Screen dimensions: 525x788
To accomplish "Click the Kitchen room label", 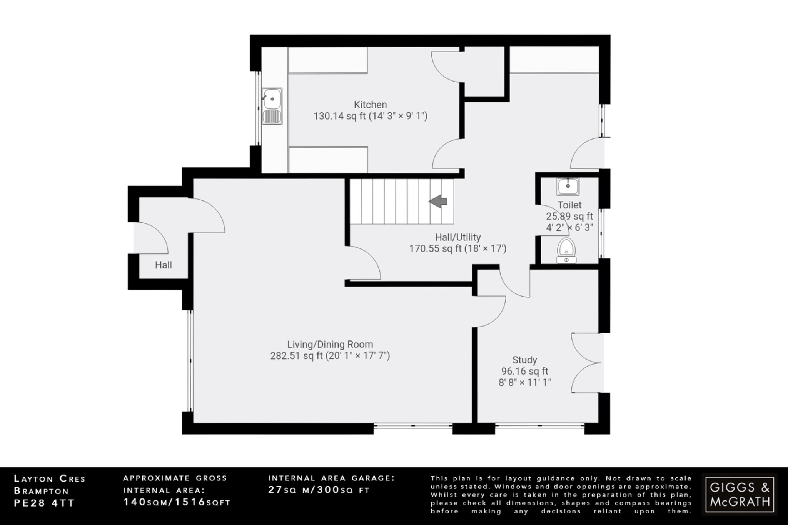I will tap(370, 105).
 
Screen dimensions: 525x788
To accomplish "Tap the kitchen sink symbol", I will tap(272, 106).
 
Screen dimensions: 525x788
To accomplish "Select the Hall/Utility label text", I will tap(457, 237).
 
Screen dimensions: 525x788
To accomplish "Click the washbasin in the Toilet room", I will tap(568, 187).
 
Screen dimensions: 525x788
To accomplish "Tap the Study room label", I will tap(524, 360).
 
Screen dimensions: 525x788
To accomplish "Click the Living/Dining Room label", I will tap(330, 345).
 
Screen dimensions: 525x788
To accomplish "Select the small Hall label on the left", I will tap(163, 265).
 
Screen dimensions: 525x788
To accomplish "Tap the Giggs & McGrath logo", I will tap(740, 494).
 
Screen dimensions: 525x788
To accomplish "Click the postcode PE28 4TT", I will tap(44, 503).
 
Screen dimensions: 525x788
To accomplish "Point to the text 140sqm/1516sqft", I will tap(177, 502).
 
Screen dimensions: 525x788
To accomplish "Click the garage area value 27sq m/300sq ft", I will tap(319, 490).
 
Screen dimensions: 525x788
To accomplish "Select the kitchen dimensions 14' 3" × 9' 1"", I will tap(398, 116).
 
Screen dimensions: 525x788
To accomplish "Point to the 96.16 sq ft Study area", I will tap(524, 372).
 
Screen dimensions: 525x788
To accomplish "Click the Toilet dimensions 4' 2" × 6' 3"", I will tap(569, 228).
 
